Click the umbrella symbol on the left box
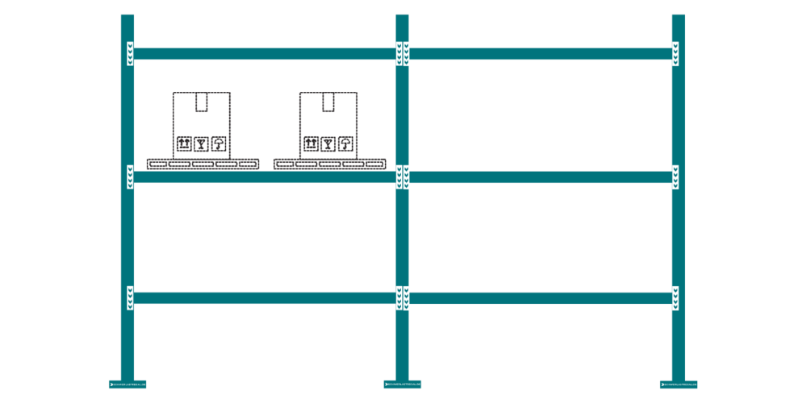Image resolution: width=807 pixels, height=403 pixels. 218,143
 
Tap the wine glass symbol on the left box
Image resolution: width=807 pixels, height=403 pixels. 201,143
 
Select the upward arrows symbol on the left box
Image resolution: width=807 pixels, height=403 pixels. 184,143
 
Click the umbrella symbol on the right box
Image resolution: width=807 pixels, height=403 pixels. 345,143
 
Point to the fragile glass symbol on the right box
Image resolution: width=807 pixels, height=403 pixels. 328,143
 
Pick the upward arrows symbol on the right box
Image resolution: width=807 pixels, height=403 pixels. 311,143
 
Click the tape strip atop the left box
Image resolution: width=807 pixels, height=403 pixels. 201,102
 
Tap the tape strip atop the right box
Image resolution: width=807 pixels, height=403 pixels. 328,102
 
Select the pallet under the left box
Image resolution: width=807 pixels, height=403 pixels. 203,164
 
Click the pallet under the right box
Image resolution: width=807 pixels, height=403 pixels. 329,164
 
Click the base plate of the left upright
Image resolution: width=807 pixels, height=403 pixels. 128,384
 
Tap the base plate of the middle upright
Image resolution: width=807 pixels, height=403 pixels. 402,384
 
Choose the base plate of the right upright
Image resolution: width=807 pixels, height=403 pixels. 678,384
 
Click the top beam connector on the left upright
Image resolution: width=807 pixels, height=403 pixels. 130,54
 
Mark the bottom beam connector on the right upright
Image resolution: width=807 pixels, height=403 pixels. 675,298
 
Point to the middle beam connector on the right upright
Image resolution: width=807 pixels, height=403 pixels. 675,177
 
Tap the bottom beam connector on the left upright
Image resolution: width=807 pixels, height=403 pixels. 130,298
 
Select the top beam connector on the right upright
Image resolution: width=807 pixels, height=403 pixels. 675,54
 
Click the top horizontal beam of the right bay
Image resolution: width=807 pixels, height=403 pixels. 541,54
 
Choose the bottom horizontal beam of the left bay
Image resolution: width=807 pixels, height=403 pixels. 265,298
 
